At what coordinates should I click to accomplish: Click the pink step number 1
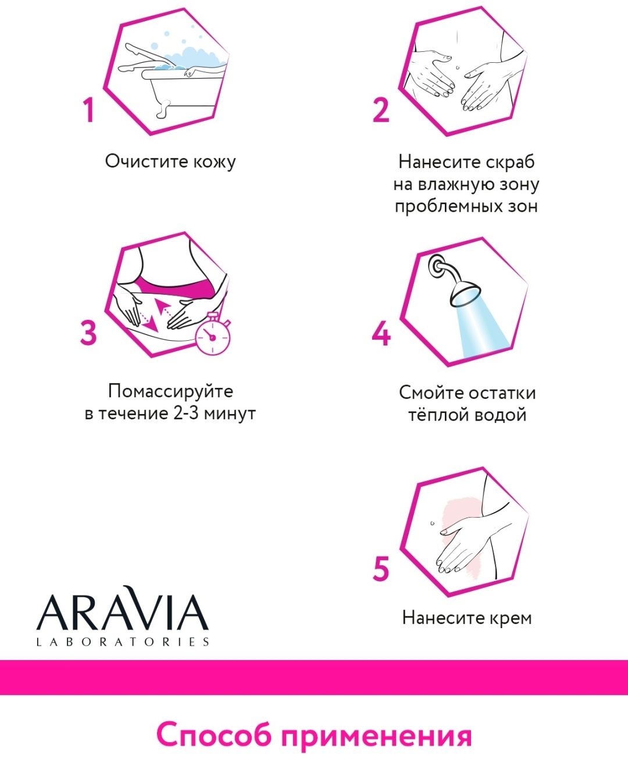[x=89, y=109]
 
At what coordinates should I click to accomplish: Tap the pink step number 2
[x=381, y=109]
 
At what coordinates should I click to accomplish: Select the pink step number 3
[x=88, y=332]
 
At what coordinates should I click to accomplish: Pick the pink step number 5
[x=381, y=569]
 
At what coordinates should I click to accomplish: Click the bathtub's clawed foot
[x=163, y=109]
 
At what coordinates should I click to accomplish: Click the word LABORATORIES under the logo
[x=123, y=642]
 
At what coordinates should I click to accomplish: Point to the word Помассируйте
[x=170, y=392]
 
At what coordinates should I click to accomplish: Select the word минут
[x=230, y=414]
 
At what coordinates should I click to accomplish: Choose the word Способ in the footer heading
[x=214, y=735]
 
